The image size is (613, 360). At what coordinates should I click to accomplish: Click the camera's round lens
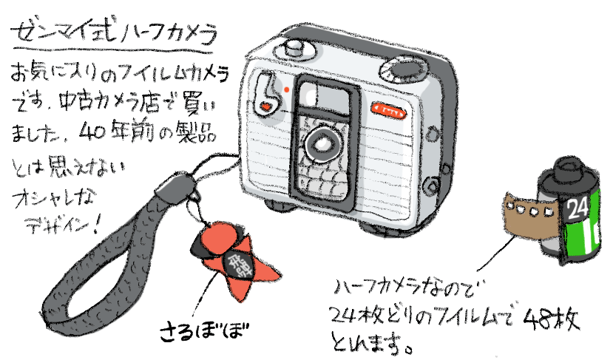[322, 140]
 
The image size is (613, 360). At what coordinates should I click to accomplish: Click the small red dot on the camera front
[285, 90]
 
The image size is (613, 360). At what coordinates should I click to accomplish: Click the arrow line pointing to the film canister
[488, 255]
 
